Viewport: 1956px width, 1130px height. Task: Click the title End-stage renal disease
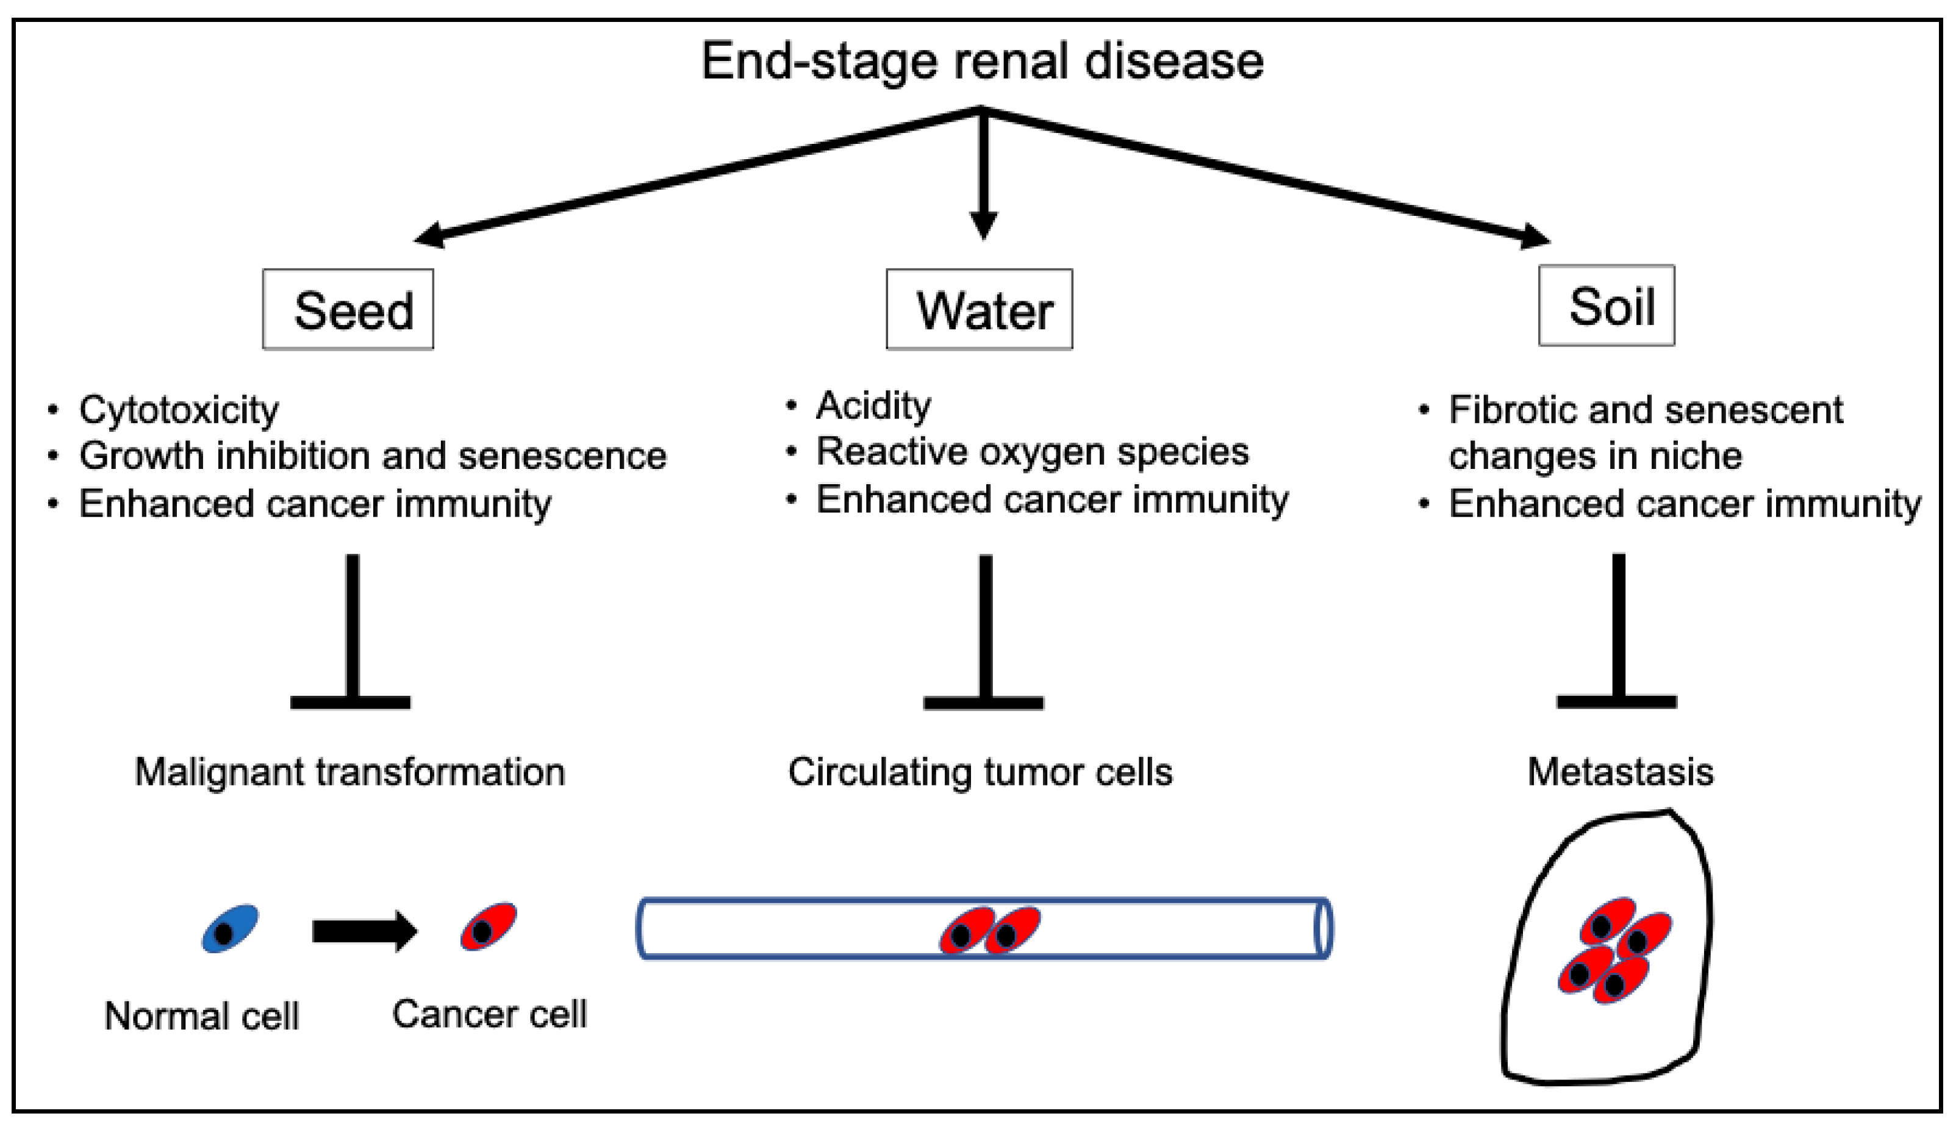982,62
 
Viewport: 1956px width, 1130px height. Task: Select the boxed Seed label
348,310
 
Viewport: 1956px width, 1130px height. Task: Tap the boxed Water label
980,310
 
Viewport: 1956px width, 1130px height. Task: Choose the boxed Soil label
1607,306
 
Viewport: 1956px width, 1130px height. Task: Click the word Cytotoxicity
179,410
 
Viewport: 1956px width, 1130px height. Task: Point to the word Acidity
873,405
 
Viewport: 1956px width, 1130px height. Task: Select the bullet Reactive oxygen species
1033,452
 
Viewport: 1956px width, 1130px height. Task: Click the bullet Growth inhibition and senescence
373,456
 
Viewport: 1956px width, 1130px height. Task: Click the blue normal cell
230,928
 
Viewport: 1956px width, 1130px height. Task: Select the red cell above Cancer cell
488,927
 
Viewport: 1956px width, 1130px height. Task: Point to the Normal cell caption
202,1016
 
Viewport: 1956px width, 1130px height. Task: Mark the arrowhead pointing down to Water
983,225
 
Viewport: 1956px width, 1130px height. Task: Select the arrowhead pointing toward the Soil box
1533,236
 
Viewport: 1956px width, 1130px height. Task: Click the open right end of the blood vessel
1324,929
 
